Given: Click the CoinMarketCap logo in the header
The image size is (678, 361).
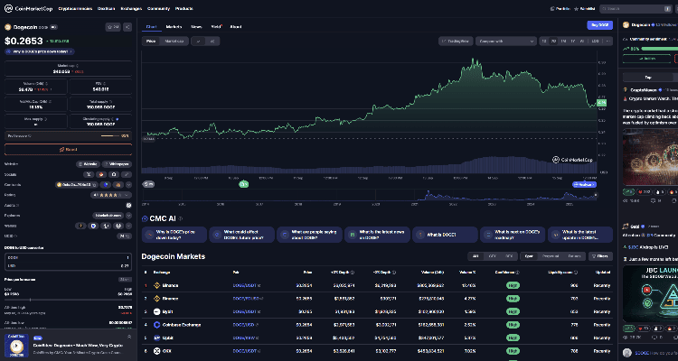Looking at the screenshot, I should pyautogui.click(x=26, y=8).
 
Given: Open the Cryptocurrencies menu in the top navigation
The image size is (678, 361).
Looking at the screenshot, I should pyautogui.click(x=75, y=8).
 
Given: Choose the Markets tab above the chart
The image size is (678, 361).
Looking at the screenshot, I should pyautogui.click(x=174, y=27).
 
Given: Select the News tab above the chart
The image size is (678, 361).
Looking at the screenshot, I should pyautogui.click(x=196, y=27).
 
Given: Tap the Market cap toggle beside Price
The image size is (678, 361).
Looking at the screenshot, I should pyautogui.click(x=174, y=41).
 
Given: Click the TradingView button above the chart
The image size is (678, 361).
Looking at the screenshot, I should pyautogui.click(x=456, y=41).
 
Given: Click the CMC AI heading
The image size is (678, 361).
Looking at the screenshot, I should pyautogui.click(x=163, y=218).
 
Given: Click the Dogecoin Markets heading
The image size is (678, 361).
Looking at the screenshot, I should pyautogui.click(x=174, y=257).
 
